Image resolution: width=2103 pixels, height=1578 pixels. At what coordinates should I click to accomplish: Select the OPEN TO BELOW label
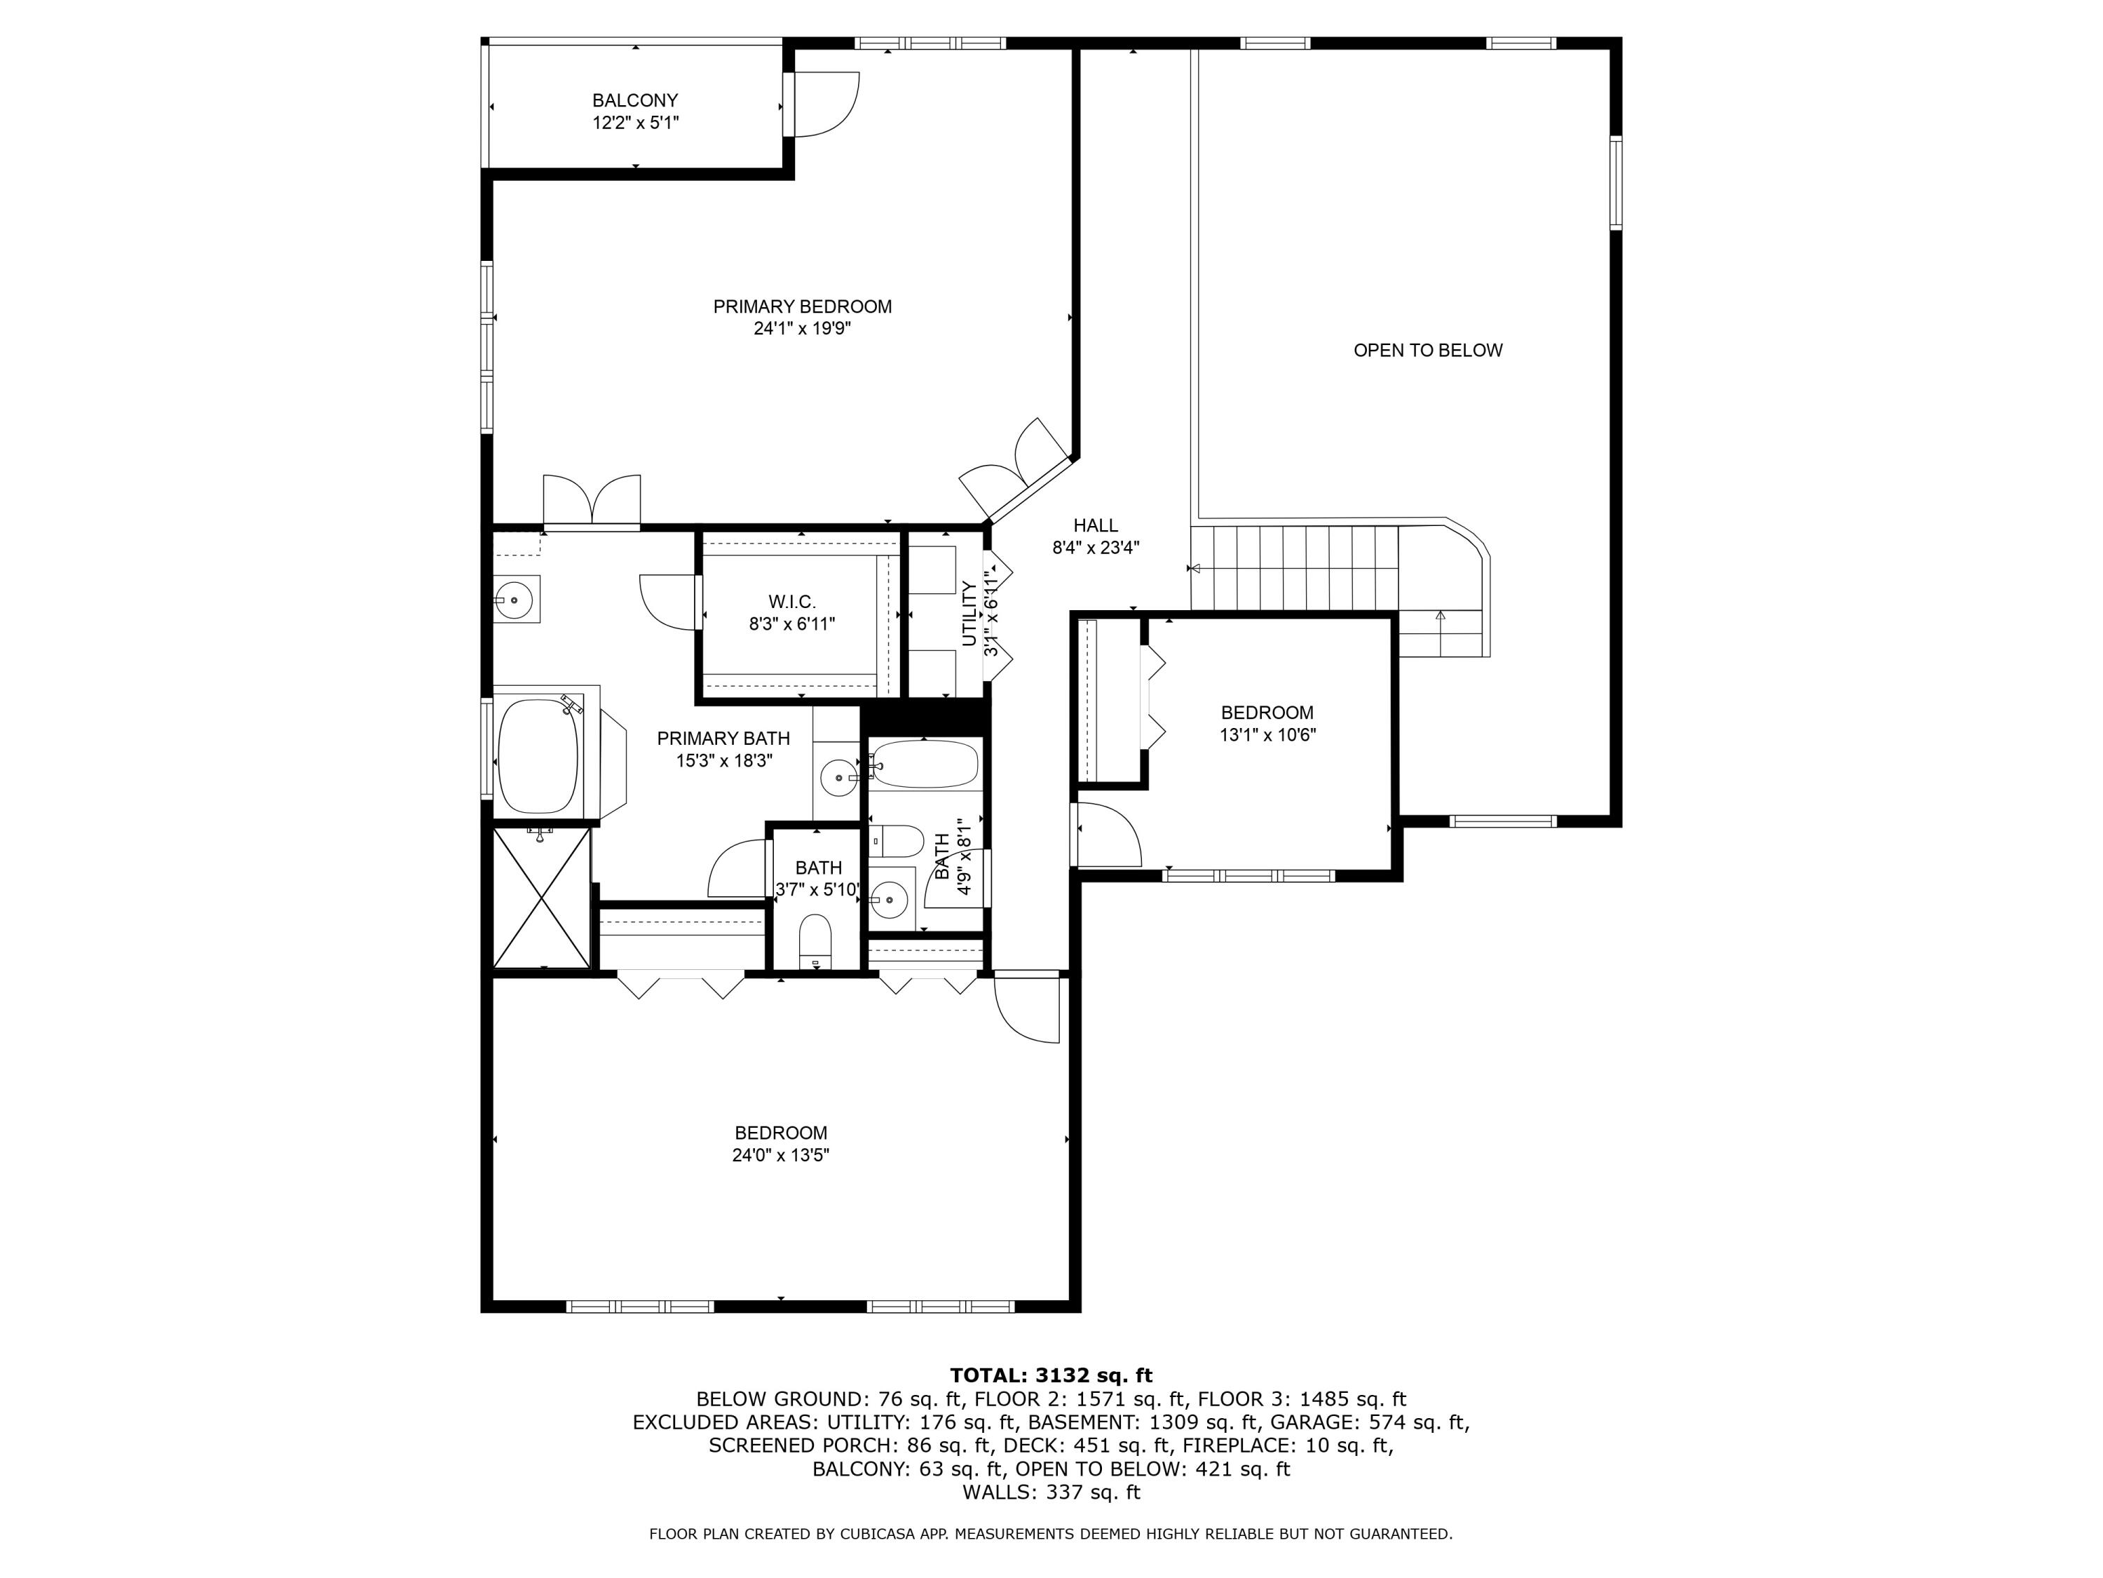pyautogui.click(x=1427, y=350)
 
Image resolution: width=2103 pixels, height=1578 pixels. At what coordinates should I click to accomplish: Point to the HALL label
pyautogui.click(x=1095, y=526)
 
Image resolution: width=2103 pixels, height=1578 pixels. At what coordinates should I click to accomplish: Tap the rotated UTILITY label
pyautogui.click(x=969, y=614)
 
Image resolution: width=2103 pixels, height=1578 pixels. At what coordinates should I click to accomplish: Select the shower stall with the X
pyautogui.click(x=542, y=897)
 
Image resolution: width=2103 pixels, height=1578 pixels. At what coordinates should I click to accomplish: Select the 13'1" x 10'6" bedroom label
pyautogui.click(x=1267, y=713)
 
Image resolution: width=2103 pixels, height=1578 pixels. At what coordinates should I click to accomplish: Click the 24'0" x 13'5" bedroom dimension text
pyautogui.click(x=780, y=1156)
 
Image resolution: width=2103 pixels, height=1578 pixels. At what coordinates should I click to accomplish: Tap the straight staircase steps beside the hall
pyautogui.click(x=1293, y=569)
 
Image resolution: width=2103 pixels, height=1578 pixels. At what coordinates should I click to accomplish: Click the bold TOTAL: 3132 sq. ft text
pyautogui.click(x=1051, y=1375)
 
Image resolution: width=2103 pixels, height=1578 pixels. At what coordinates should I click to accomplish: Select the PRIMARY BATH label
pyautogui.click(x=723, y=738)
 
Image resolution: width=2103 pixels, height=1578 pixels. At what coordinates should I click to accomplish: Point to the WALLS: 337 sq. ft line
pyautogui.click(x=1051, y=1492)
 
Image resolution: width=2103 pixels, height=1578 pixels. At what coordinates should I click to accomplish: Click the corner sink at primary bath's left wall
pyautogui.click(x=515, y=599)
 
